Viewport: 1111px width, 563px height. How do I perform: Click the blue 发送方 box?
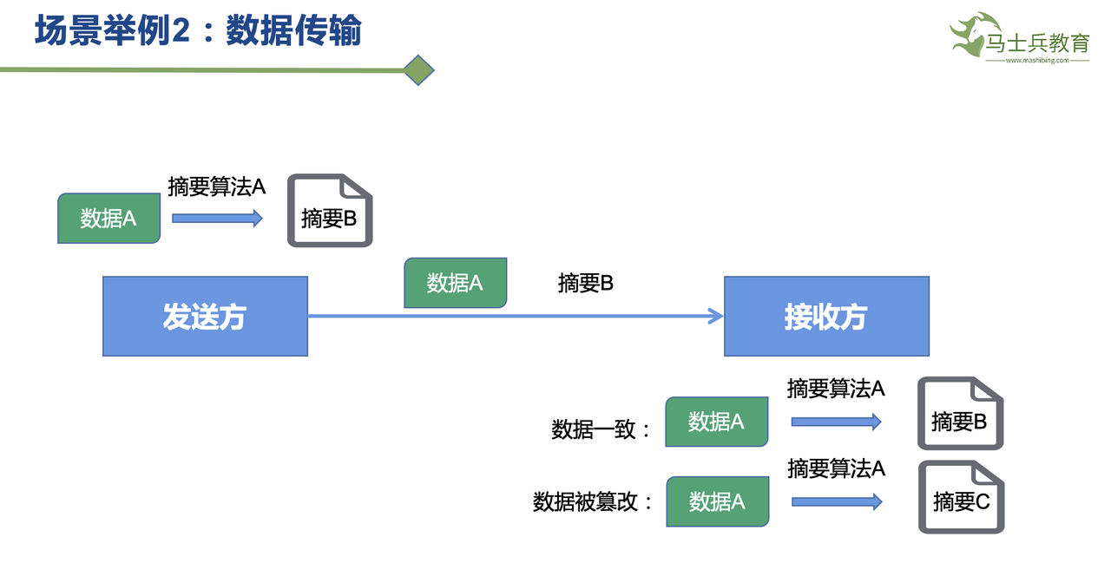(x=205, y=316)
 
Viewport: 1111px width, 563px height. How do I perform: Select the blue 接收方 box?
(x=826, y=316)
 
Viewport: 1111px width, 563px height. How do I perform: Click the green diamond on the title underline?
(x=419, y=70)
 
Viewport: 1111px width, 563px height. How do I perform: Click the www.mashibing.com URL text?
(x=1036, y=61)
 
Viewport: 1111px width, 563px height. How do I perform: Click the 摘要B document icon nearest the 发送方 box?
(x=330, y=211)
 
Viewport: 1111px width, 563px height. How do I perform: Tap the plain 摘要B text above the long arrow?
(x=586, y=283)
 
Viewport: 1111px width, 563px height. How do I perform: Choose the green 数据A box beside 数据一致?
(x=716, y=422)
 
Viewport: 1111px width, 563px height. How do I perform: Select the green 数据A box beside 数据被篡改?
(x=717, y=501)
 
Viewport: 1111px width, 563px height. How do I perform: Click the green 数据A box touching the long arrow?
(x=455, y=283)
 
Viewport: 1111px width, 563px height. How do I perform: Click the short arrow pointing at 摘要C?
(x=837, y=501)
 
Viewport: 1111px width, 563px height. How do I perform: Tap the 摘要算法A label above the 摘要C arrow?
(x=836, y=468)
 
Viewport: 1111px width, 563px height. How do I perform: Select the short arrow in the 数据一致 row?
(x=836, y=422)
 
